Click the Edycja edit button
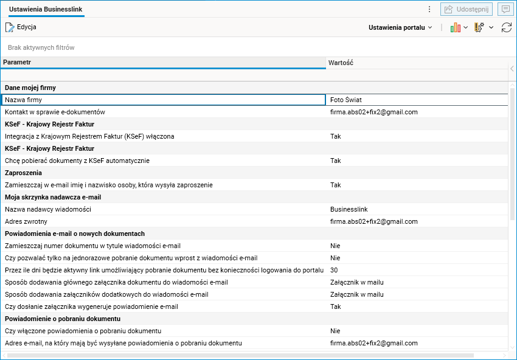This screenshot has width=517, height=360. coord(21,27)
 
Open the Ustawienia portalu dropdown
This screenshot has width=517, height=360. coord(400,27)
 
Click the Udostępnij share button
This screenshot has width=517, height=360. coord(467,9)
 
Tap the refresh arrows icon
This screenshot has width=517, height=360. coord(506,27)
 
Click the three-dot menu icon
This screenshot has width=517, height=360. coord(429,9)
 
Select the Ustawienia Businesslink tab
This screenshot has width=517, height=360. coord(46,10)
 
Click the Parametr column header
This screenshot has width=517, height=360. coord(17,63)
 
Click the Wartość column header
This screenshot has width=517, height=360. coord(341,63)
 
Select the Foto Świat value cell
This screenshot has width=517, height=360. coord(346,100)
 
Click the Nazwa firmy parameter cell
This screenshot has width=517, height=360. coord(23,100)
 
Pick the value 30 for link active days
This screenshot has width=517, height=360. coord(334,270)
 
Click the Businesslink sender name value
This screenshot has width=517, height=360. coord(349,209)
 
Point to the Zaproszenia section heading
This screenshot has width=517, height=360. coord(23,173)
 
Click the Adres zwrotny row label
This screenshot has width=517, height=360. coord(26,221)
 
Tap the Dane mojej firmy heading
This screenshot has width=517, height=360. coord(30,88)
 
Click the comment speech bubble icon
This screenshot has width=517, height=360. coord(505,9)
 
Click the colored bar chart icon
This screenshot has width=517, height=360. coord(456,27)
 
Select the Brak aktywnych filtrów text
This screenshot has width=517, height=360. coord(41,47)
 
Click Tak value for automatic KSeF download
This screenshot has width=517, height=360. coord(335,161)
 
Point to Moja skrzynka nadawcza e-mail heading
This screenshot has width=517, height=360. coord(53,197)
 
